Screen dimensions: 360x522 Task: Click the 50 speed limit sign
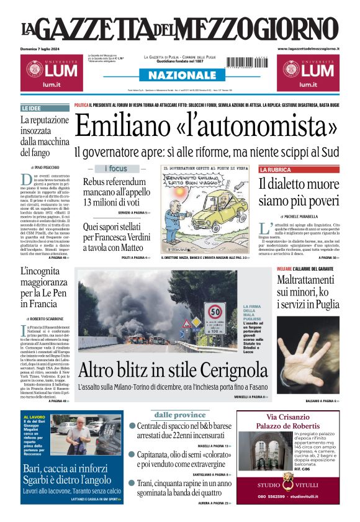pos(215,311)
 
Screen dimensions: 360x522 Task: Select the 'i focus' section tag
pos(115,169)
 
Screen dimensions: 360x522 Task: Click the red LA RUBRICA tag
pos(275,169)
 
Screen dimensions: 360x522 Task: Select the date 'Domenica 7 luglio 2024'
pos(40,48)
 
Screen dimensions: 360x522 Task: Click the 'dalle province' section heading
pos(180,415)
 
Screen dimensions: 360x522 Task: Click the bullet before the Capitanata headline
pos(132,455)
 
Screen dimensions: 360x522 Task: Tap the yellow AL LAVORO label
pos(34,417)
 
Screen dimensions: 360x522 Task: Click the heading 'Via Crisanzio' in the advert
pos(288,416)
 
